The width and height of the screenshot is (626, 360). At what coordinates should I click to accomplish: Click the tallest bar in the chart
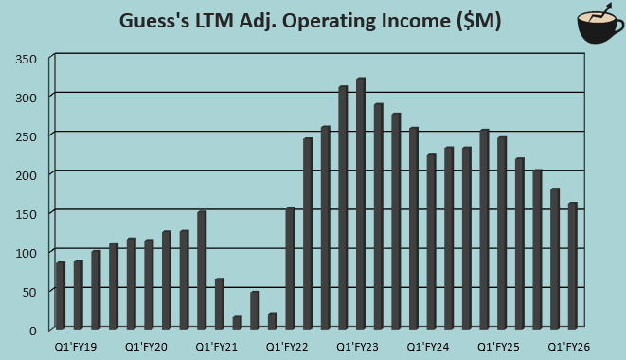click(361, 203)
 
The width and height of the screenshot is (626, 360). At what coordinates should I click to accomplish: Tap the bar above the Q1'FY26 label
click(573, 264)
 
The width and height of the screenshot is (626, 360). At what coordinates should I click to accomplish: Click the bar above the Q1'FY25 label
click(502, 232)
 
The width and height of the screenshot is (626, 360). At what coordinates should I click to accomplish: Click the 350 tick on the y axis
click(27, 59)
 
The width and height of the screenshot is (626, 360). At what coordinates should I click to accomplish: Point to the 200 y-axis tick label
click(27, 175)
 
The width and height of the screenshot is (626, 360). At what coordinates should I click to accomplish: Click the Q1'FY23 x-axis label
click(359, 348)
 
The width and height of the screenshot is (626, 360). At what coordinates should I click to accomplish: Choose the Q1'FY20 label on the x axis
click(147, 348)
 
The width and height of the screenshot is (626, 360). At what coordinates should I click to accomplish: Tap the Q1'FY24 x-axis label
click(428, 348)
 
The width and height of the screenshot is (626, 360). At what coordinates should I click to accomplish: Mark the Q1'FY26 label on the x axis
click(569, 348)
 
